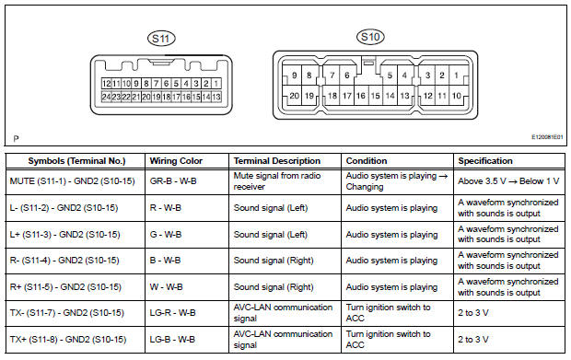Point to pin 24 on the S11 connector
coord(108,97)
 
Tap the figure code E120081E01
coord(535,137)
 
